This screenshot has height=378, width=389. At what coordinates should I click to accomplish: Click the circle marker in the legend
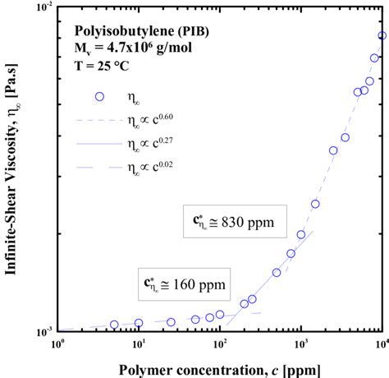[x=100, y=96]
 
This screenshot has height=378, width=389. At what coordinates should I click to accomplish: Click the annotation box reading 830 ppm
[x=234, y=221]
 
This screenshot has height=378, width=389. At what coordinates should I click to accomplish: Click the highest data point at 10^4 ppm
[x=382, y=35]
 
